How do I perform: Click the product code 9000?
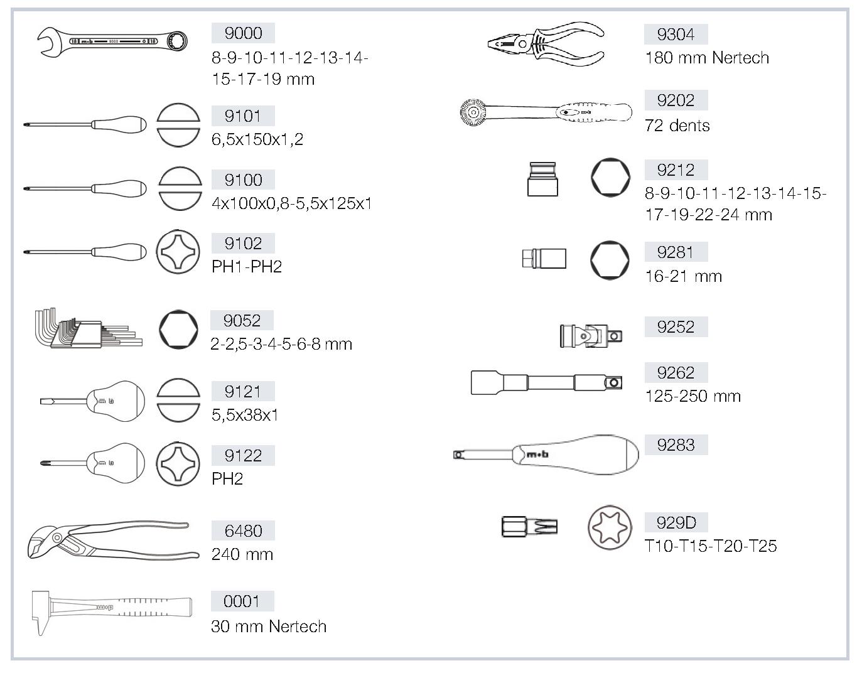tap(243, 33)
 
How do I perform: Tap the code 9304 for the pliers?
tap(675, 35)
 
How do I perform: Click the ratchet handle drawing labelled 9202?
tap(546, 112)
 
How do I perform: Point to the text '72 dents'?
tap(677, 126)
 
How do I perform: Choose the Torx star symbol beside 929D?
tap(610, 527)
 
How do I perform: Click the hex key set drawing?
tap(89, 328)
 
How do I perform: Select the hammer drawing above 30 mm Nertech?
tap(112, 612)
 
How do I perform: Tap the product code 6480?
tap(243, 530)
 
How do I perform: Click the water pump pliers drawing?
tap(113, 540)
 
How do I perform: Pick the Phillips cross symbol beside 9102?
tap(178, 252)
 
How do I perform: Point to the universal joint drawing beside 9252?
tap(591, 336)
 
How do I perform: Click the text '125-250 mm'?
tap(693, 396)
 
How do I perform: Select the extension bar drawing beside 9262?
tap(546, 382)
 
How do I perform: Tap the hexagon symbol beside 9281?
tap(610, 260)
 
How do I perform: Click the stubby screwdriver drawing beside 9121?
tap(93, 401)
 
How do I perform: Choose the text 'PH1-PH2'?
tap(247, 267)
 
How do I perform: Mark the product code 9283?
tap(675, 444)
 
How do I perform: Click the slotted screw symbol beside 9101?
tap(178, 125)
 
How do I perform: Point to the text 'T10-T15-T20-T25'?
tap(711, 546)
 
